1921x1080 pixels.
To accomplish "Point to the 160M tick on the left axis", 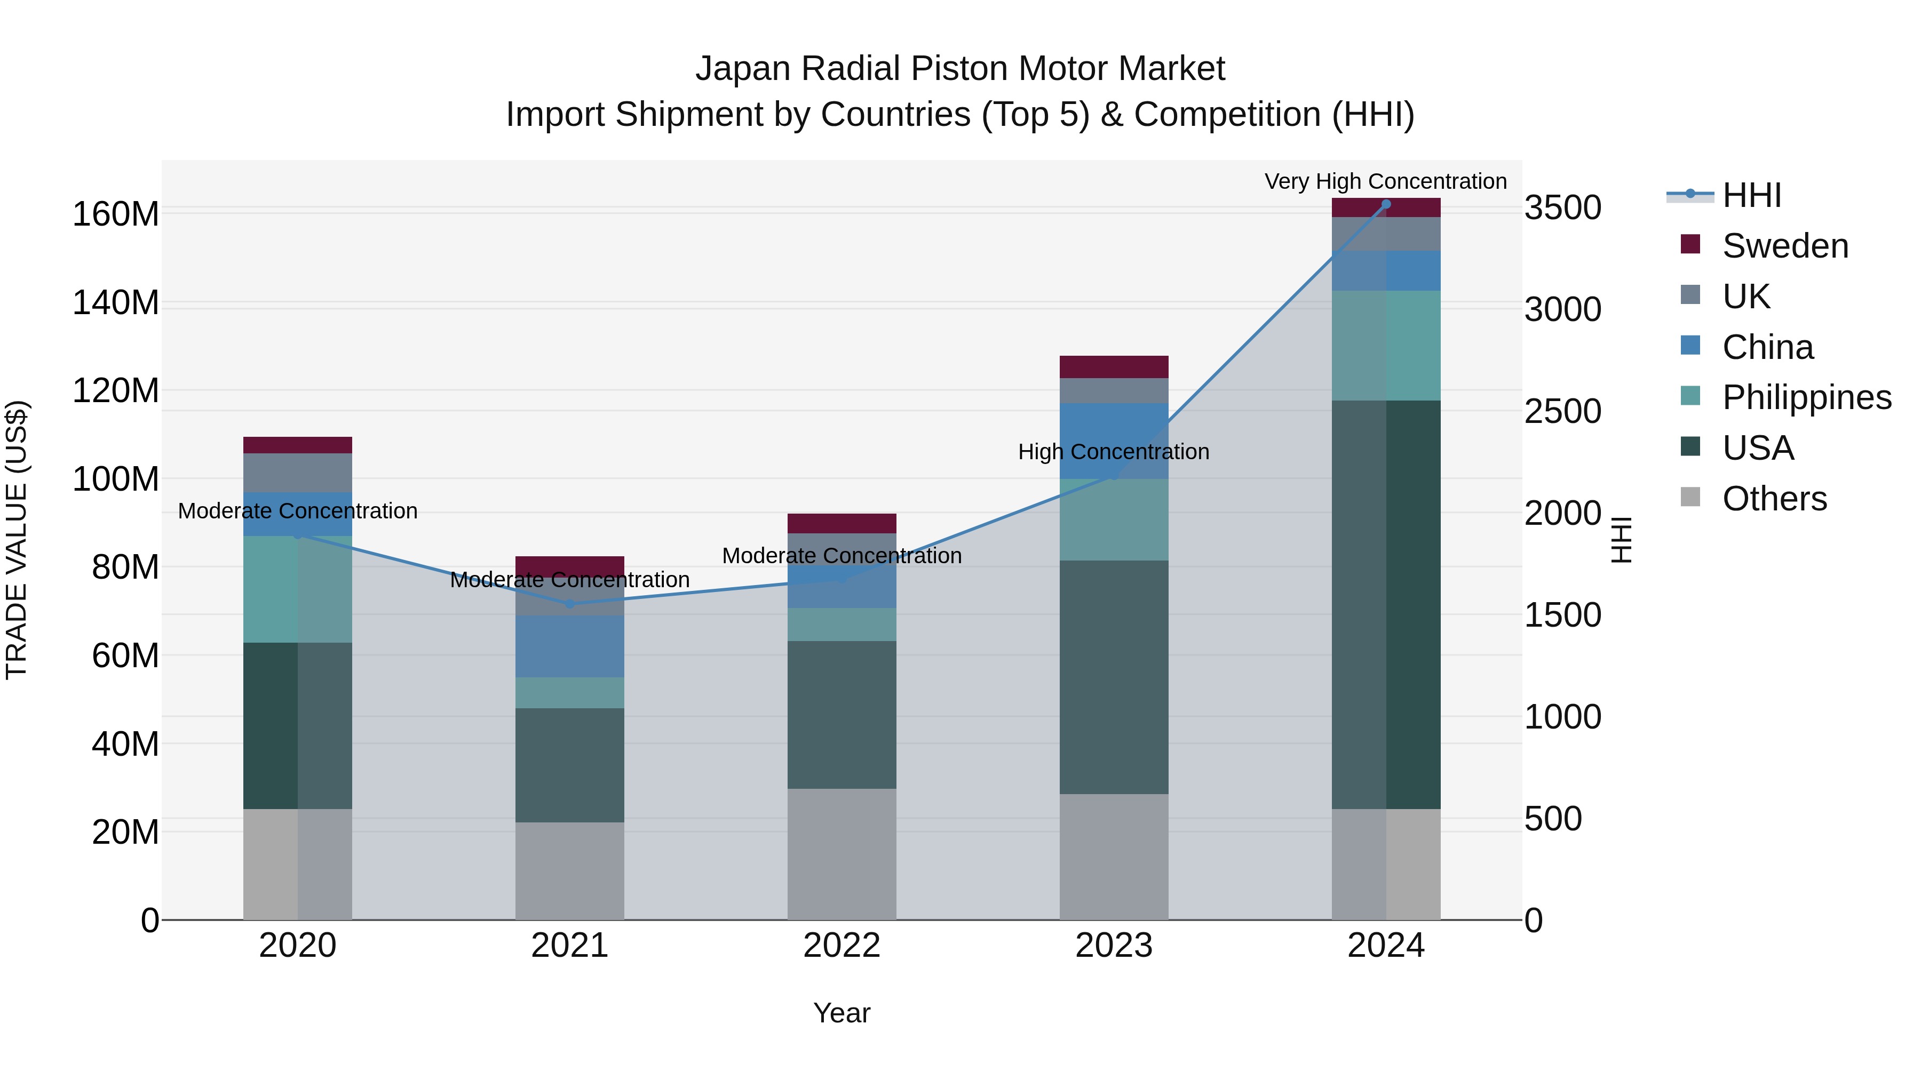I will coord(116,214).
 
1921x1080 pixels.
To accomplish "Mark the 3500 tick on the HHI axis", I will coord(1562,208).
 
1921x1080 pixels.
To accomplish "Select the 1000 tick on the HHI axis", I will coord(1562,717).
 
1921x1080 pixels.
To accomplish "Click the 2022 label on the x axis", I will coord(842,946).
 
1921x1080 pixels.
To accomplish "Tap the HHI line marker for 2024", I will coord(1386,204).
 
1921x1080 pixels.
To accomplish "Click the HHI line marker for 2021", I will coord(570,604).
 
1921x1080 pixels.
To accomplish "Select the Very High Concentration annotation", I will coord(1386,181).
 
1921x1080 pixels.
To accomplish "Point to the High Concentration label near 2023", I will coord(1113,452).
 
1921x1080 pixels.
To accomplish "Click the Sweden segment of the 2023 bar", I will coord(1114,367).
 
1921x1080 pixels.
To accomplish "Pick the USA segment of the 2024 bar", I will coord(1386,604).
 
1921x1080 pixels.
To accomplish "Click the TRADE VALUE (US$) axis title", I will coord(17,540).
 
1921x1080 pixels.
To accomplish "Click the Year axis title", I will coord(842,1013).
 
